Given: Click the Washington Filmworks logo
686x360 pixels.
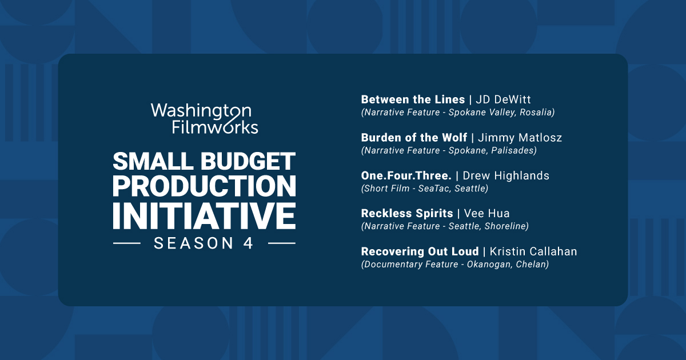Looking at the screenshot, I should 205,118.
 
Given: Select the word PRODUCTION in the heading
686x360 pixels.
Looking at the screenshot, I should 205,186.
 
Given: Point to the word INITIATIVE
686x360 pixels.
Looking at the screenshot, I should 205,214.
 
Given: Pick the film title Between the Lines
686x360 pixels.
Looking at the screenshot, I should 413,99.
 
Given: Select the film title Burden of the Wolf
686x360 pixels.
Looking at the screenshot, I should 414,138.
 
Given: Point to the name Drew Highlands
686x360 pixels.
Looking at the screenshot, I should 506,175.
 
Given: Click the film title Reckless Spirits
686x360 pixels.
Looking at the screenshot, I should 406,213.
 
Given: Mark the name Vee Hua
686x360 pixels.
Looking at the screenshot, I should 486,213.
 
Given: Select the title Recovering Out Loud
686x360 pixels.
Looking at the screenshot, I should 420,251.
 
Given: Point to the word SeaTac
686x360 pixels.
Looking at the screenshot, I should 432,188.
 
